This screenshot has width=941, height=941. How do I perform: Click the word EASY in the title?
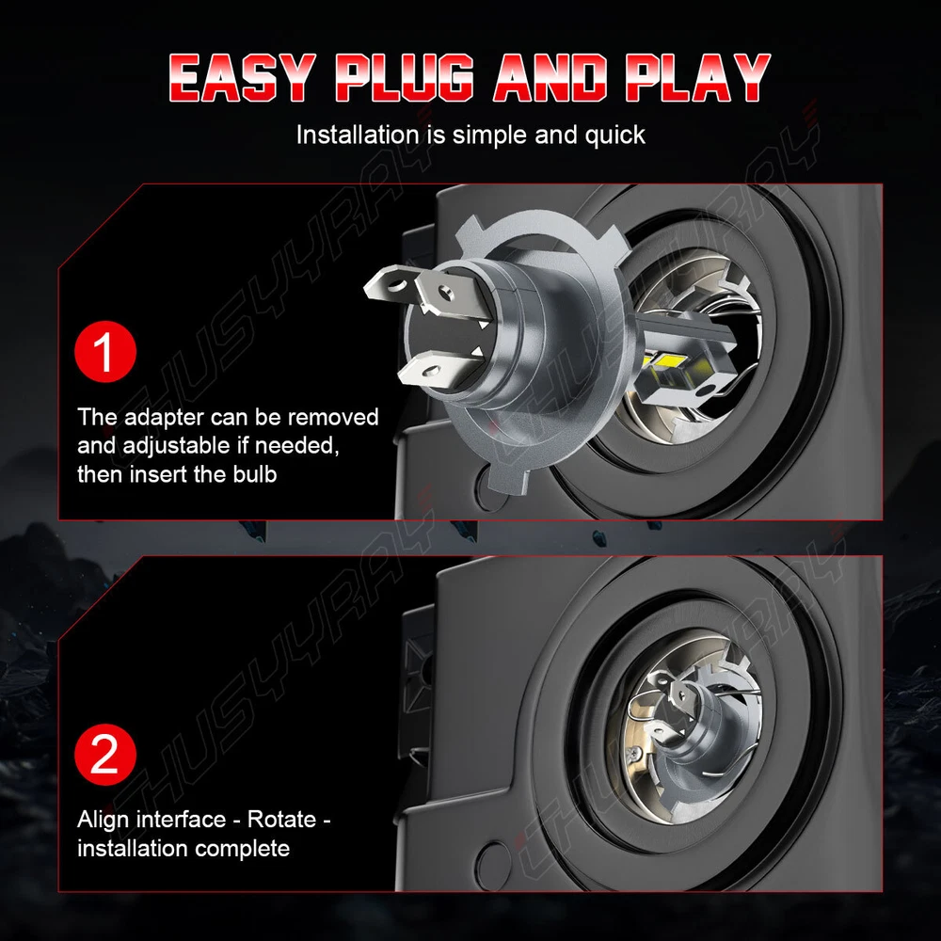tap(242, 77)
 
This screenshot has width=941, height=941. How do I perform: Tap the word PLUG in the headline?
tap(404, 77)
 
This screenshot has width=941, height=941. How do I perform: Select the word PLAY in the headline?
tap(697, 77)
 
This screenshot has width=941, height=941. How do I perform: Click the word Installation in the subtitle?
tap(358, 135)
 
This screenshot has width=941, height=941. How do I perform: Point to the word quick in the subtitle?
tap(615, 135)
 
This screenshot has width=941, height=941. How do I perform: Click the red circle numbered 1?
tap(105, 352)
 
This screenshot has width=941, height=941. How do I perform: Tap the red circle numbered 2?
tap(105, 755)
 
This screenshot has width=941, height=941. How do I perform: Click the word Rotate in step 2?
tap(282, 820)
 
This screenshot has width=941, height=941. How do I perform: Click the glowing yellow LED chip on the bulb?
tap(665, 361)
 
